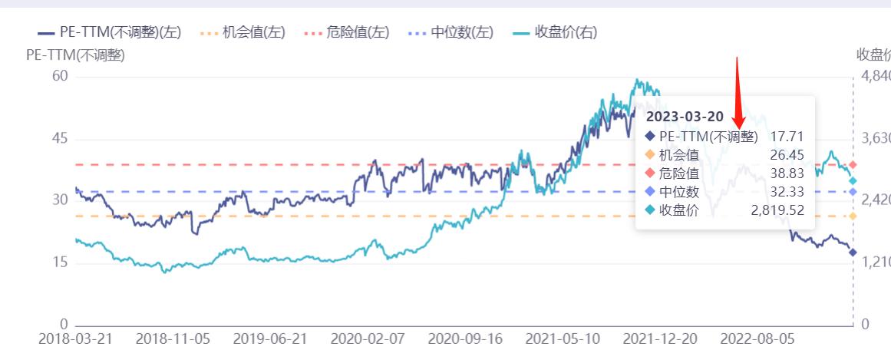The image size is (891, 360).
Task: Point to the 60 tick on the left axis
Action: pos(60,76)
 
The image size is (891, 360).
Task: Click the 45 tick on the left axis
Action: pos(60,139)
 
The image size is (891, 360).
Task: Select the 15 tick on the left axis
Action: pos(60,263)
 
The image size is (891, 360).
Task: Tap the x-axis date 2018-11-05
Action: pos(173,339)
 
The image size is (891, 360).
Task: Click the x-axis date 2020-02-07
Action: pos(368,339)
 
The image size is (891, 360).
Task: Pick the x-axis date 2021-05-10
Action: pos(563,339)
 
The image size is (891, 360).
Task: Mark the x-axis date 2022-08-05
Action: pos(757,339)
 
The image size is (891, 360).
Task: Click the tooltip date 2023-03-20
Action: pos(685,117)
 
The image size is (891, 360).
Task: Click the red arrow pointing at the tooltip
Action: pos(738,92)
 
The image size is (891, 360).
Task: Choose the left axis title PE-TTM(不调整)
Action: pos(75,55)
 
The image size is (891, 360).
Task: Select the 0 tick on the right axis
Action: pos(865,325)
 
